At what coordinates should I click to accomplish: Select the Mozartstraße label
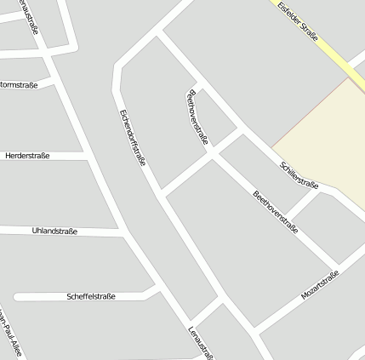tap(320, 285)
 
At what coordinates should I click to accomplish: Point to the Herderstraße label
tap(27, 156)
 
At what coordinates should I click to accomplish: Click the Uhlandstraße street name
tap(54, 231)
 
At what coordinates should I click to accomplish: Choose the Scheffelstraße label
tap(90, 296)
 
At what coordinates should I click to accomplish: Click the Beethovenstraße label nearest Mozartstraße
tap(275, 214)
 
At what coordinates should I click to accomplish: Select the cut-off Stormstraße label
tap(19, 85)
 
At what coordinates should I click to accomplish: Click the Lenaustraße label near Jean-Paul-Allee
tap(201, 342)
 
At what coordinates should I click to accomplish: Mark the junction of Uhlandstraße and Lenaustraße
tap(119, 231)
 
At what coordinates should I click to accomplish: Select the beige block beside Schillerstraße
tap(327, 140)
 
